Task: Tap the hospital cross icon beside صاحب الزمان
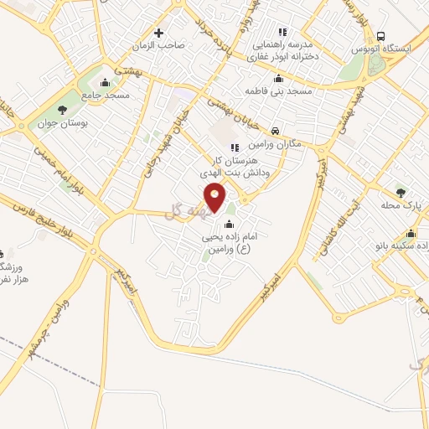click(159, 34)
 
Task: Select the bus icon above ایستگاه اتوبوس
click(381, 37)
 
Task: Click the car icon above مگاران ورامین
click(276, 130)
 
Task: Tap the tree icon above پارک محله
click(400, 192)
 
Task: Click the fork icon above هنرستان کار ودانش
click(235, 147)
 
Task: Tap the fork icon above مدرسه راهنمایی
click(282, 32)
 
